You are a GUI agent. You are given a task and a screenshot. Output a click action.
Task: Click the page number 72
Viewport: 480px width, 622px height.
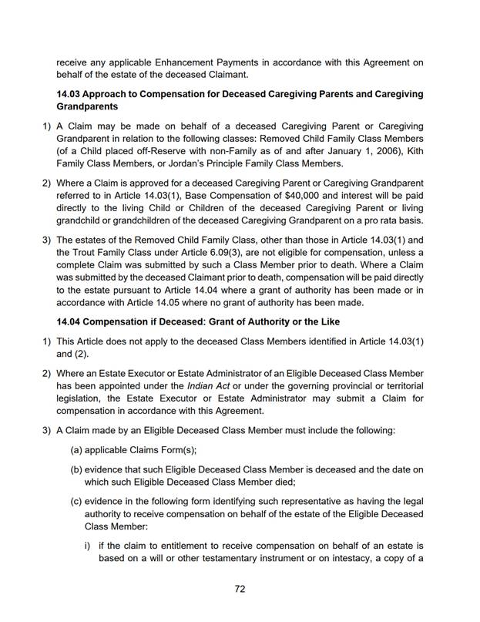pos(240,589)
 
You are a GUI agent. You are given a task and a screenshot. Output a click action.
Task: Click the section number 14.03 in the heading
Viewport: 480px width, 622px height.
pos(71,94)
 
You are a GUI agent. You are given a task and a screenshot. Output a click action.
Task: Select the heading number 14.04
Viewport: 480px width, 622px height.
pos(71,321)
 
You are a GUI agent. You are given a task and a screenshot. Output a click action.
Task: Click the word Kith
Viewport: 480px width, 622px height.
pos(414,150)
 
